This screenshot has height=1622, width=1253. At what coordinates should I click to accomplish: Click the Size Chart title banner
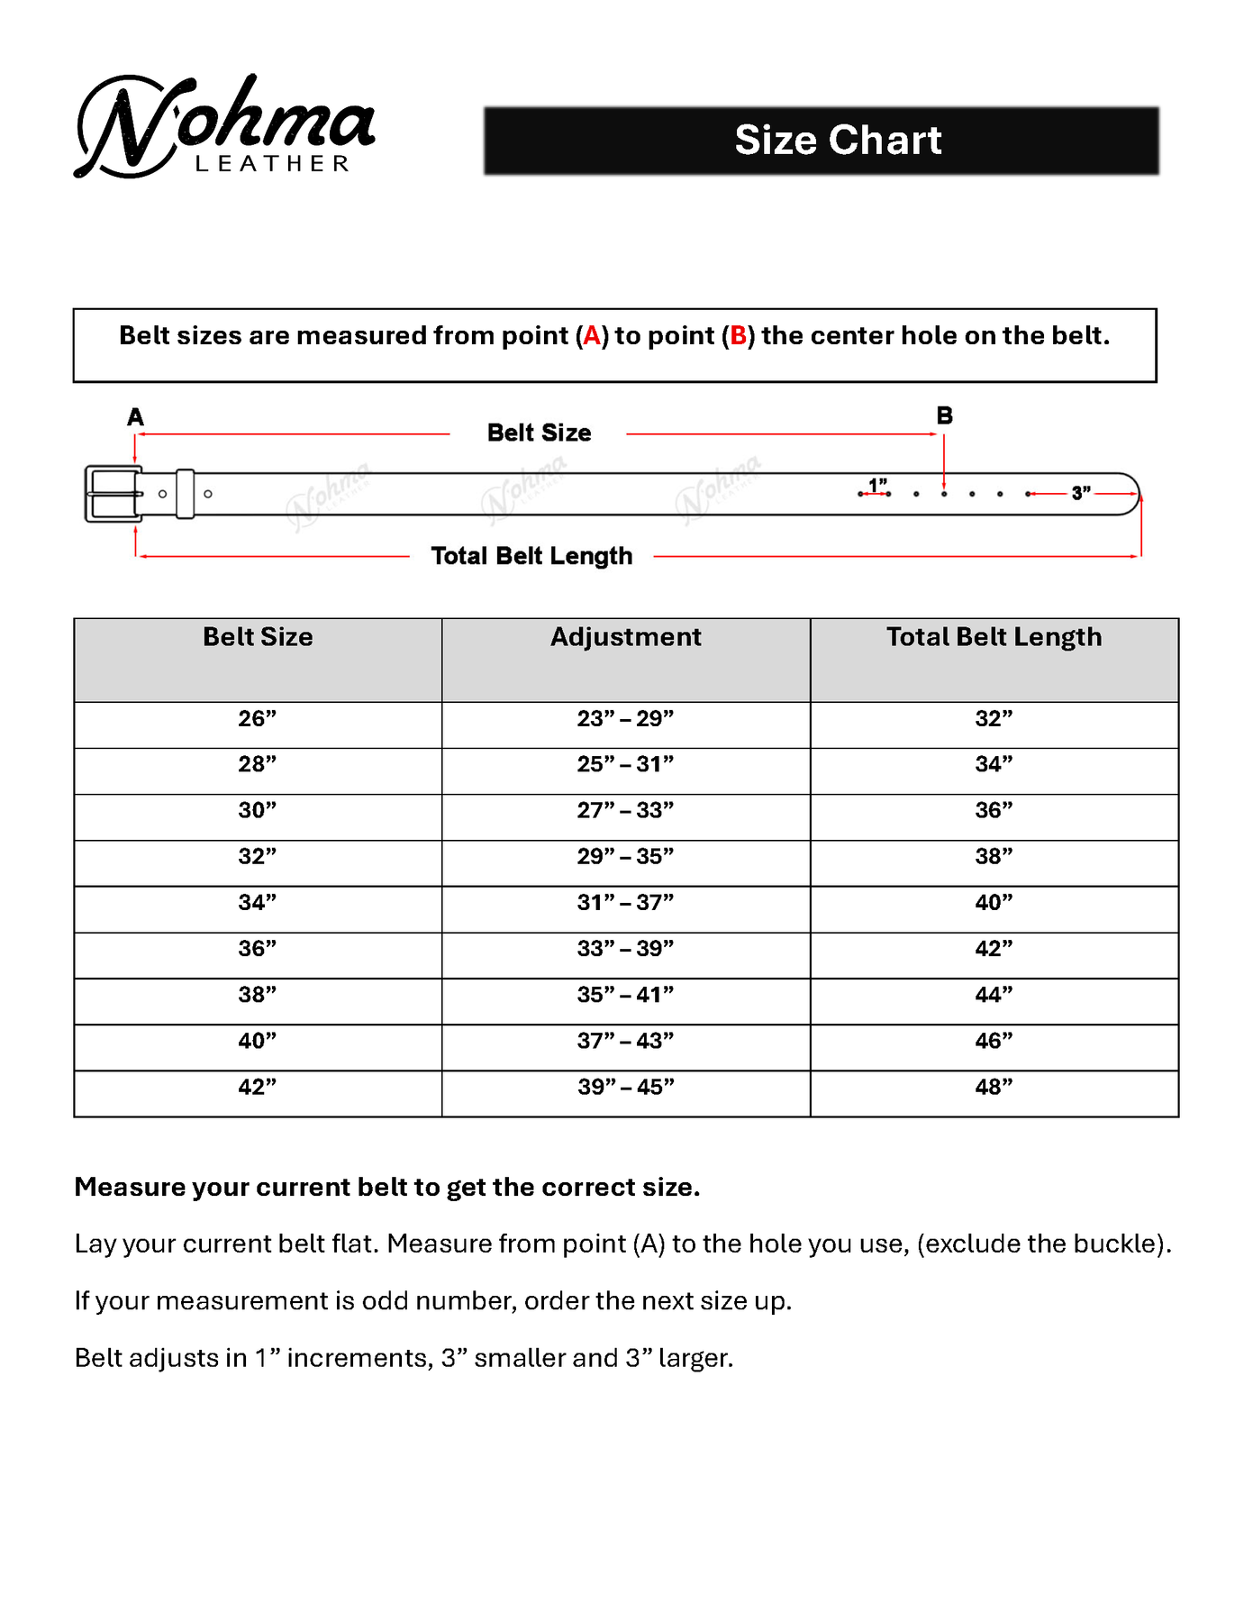[x=821, y=141]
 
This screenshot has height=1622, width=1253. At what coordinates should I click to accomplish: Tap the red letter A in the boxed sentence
[x=592, y=336]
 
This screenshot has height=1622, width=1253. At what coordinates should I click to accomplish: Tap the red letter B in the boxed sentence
[x=738, y=336]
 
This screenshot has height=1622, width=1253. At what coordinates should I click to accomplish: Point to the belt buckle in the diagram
[x=113, y=494]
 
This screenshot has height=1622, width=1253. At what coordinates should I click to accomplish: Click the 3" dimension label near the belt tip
[x=1081, y=493]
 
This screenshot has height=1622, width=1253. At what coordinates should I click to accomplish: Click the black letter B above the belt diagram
[x=944, y=415]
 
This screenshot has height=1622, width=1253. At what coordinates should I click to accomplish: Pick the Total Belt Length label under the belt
[x=531, y=556]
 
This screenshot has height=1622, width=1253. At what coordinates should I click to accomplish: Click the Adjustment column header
[x=626, y=637]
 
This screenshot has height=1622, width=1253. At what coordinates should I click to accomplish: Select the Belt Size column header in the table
[x=258, y=637]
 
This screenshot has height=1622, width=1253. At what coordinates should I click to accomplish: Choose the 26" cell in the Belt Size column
[x=258, y=719]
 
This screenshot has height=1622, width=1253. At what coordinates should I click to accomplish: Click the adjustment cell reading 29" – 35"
[x=626, y=857]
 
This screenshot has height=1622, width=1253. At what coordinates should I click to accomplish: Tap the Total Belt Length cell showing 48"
[x=994, y=1088]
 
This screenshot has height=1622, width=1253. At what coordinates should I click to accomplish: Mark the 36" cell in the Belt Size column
[x=258, y=949]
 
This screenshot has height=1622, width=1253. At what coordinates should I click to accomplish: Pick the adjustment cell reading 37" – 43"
[x=626, y=1042]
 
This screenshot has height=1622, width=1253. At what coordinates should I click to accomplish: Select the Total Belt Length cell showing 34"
[x=994, y=765]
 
